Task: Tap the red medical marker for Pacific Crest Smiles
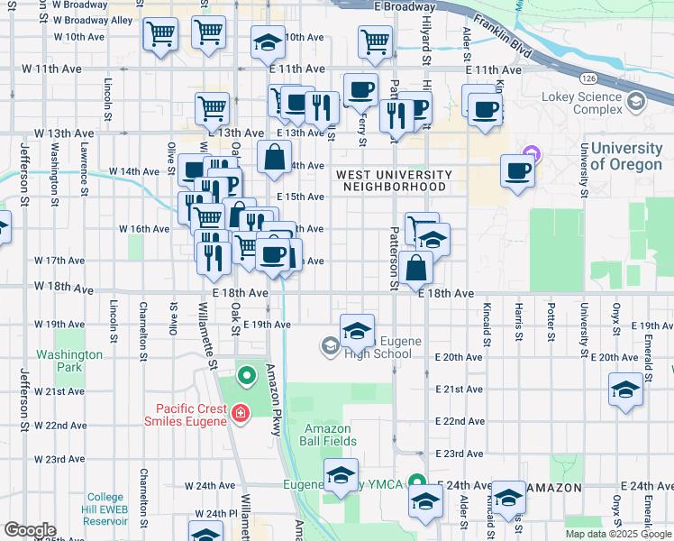[240, 414]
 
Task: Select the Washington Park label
[69, 361]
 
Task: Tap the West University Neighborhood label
[394, 180]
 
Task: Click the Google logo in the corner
[30, 530]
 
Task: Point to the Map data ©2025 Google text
[619, 534]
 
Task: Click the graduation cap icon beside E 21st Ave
[625, 390]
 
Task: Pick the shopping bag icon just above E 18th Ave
[417, 268]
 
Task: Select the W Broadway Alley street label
[94, 20]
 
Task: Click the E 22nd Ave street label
[460, 421]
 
